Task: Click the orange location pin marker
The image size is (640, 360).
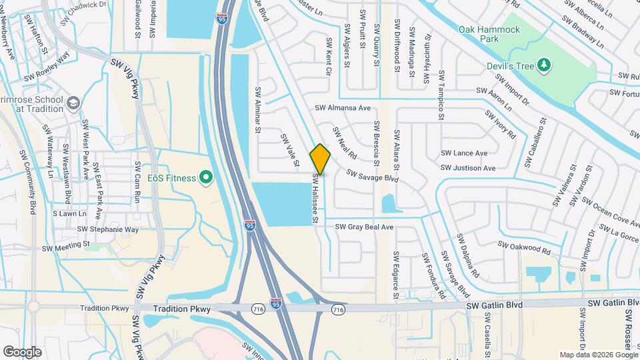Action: (320, 159)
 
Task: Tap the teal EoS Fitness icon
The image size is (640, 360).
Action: (206, 178)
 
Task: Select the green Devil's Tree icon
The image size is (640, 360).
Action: (545, 64)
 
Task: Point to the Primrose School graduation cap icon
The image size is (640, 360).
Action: (72, 104)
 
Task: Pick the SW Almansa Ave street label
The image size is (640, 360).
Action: (343, 108)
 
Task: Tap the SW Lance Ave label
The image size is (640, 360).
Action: (464, 153)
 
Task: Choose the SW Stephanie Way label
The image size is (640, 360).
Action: (107, 229)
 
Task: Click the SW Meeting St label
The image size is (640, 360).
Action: (65, 246)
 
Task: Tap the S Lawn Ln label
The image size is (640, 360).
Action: (70, 214)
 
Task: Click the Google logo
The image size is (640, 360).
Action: (22, 351)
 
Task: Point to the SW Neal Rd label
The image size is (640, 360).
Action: (345, 143)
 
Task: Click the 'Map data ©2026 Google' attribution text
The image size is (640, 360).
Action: (598, 355)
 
